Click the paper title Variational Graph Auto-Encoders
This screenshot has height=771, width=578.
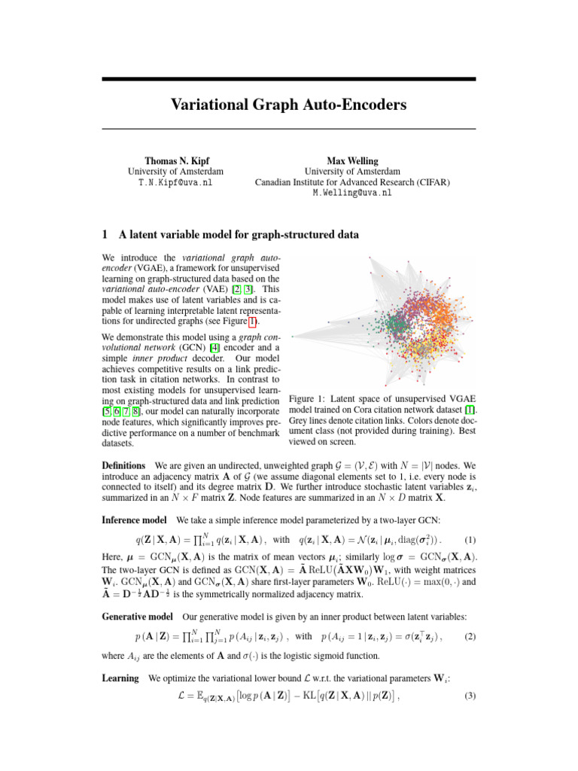point(289,103)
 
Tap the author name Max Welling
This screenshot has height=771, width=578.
point(353,160)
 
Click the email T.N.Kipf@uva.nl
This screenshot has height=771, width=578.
point(175,182)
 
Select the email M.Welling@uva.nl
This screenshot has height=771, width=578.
point(353,193)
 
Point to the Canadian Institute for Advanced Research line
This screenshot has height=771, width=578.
point(353,182)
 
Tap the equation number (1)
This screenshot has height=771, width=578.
point(469,540)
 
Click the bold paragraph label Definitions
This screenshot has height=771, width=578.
point(124,468)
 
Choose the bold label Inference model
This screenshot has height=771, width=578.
point(134,520)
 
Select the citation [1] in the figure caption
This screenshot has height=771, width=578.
point(470,409)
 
